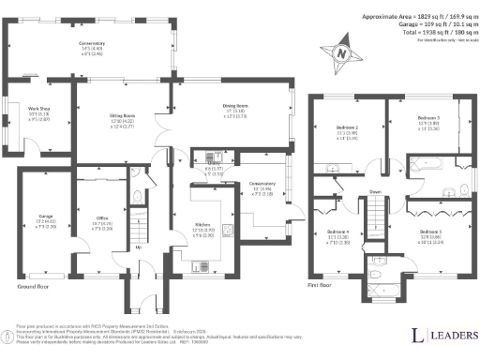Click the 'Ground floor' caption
click(33, 286)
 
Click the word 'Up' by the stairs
click(139, 247)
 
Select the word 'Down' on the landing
click(375, 194)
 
